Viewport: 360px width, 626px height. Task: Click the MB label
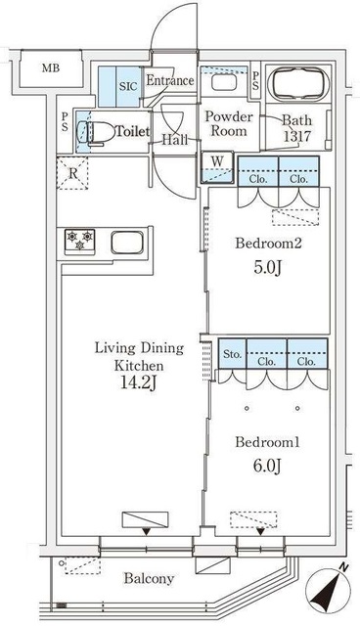pos(51,67)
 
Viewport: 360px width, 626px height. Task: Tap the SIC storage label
pos(128,86)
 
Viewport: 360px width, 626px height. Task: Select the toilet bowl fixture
pos(96,132)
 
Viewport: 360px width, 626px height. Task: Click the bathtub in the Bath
pos(298,84)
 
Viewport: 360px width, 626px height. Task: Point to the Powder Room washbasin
pos(224,82)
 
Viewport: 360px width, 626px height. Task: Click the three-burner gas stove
pos(80,241)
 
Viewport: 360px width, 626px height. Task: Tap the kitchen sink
pos(127,243)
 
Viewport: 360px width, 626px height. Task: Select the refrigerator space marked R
pos(72,173)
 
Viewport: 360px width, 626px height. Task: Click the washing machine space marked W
pos(217,167)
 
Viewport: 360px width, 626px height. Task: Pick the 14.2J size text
pos(139,383)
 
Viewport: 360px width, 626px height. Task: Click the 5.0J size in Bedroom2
pos(268,268)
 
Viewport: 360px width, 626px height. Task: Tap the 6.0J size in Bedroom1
pos(268,466)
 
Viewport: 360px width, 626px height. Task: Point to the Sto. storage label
pos(232,354)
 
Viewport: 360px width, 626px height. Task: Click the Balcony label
pos(149,578)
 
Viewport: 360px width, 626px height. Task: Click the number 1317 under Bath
pos(297,136)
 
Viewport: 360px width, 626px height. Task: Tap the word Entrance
pos(170,80)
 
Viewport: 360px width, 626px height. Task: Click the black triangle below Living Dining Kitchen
pos(147,531)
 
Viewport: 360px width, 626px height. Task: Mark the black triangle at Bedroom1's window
pos(260,531)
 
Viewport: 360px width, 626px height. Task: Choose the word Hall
pos(174,140)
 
